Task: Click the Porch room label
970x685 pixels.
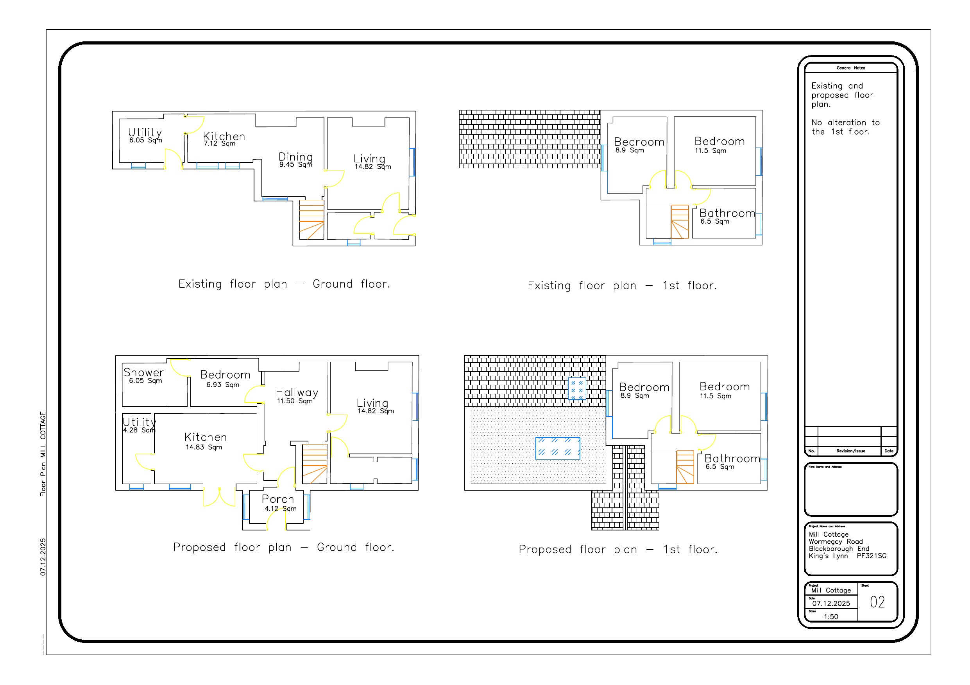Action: (x=277, y=499)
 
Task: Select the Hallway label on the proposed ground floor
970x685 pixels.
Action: (x=297, y=393)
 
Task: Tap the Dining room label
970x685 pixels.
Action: (x=295, y=157)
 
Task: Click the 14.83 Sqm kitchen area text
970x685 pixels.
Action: (x=204, y=447)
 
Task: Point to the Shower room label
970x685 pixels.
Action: (x=144, y=372)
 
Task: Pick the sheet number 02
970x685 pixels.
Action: (x=877, y=602)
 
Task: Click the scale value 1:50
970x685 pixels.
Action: (x=830, y=617)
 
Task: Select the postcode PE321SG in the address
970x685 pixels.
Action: (x=871, y=556)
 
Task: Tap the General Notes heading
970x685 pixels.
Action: (x=850, y=68)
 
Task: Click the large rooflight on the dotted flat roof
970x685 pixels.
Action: (x=558, y=448)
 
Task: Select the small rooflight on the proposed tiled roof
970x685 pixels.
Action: (x=577, y=388)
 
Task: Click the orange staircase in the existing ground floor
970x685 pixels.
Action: (x=312, y=219)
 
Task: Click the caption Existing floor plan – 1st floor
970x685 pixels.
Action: (x=622, y=286)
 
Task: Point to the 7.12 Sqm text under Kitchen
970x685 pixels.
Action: (x=219, y=144)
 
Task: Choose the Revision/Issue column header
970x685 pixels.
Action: (x=850, y=451)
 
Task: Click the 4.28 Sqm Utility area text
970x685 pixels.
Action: (x=139, y=430)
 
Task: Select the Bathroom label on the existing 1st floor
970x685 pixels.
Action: (x=727, y=213)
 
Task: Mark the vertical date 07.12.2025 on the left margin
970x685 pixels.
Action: (x=43, y=557)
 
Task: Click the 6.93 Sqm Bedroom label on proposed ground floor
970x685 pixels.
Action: (x=223, y=384)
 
